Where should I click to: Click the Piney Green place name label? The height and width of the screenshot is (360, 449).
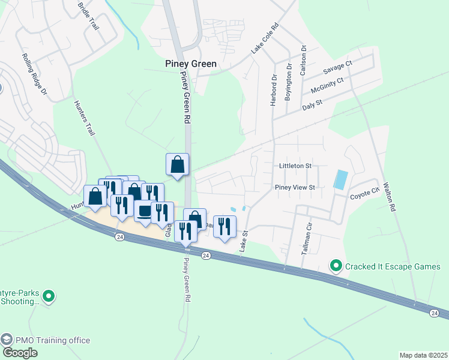click(x=191, y=63)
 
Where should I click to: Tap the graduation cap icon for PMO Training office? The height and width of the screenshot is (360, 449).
click(x=7, y=340)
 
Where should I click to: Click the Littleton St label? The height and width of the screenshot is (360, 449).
click(x=295, y=166)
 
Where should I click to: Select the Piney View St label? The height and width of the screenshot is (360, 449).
click(x=295, y=187)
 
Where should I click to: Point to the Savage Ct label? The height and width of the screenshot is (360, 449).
click(x=337, y=67)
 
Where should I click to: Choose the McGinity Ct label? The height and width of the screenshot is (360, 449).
click(x=327, y=85)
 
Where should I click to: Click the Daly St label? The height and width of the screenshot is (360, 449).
click(x=313, y=104)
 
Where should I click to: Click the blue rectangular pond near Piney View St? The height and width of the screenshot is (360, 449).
click(x=340, y=178)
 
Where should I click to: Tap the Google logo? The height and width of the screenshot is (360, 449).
click(x=20, y=353)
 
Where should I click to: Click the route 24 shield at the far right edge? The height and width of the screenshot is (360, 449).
click(x=434, y=313)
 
